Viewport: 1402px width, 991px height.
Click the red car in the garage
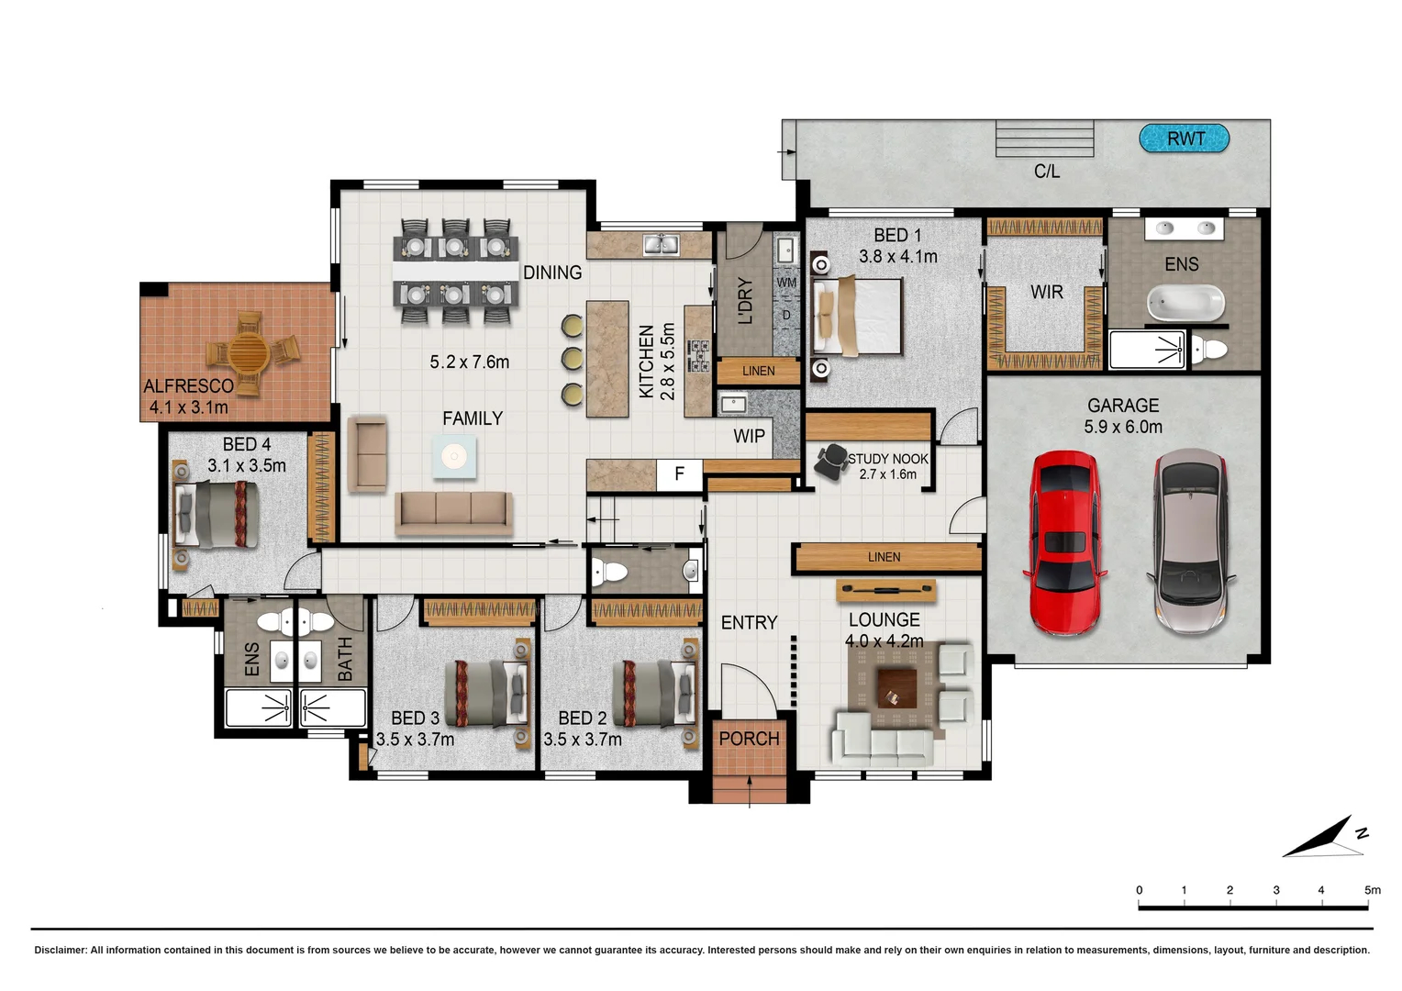1064,542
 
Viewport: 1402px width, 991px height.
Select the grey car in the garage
1190,542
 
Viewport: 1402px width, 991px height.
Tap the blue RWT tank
1184,139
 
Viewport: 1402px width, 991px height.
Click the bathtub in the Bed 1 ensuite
1185,302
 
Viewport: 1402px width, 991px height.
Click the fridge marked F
679,474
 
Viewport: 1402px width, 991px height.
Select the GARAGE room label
1122,406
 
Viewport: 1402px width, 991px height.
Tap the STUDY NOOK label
887,459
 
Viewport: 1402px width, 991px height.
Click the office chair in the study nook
832,461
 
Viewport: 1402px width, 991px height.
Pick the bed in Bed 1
858,316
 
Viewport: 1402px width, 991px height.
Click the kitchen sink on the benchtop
661,244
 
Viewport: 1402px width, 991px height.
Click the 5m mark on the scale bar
1371,890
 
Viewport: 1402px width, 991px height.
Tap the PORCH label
749,739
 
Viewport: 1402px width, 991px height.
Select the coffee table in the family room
454,456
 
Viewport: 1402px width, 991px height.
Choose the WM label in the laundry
786,283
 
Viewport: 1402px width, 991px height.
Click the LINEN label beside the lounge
884,557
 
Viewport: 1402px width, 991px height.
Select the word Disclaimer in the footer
60,951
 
